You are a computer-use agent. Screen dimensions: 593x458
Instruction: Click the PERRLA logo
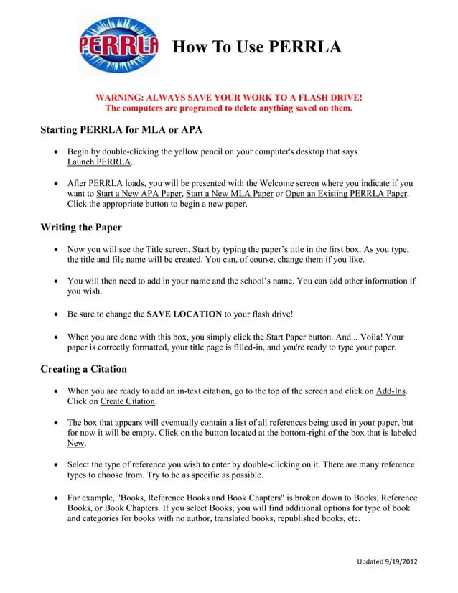pyautogui.click(x=118, y=45)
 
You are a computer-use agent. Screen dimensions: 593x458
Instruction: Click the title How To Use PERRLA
pyautogui.click(x=257, y=47)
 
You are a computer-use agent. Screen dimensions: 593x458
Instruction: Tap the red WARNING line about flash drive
pyautogui.click(x=229, y=97)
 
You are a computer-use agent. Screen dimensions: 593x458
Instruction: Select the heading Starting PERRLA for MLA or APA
pyautogui.click(x=121, y=130)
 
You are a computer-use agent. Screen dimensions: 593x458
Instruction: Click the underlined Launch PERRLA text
pyautogui.click(x=100, y=163)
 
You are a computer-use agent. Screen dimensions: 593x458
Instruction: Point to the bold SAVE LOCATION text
pyautogui.click(x=184, y=314)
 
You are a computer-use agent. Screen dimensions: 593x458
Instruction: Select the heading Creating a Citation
pyautogui.click(x=83, y=369)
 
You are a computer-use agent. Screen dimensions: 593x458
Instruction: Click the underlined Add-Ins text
pyautogui.click(x=391, y=391)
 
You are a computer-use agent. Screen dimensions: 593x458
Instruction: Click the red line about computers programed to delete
pyautogui.click(x=229, y=108)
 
